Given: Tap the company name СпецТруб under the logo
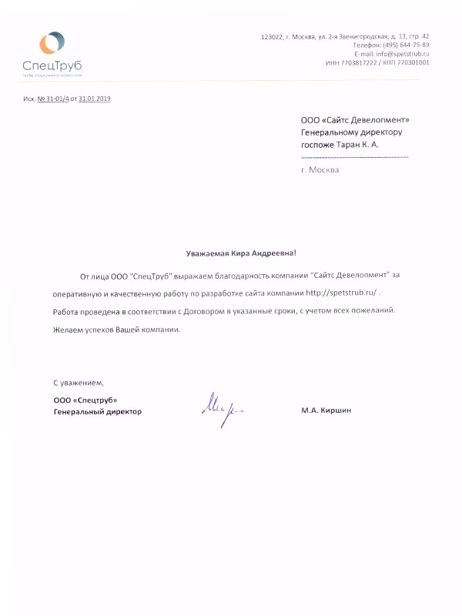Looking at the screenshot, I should coord(52,65).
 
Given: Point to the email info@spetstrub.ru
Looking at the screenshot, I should coord(402,54).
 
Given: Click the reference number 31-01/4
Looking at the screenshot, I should coord(56,100).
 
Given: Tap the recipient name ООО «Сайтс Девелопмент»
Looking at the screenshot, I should coord(355,119).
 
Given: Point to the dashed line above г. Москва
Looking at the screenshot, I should coord(355,158).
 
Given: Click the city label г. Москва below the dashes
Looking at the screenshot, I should coord(320,169).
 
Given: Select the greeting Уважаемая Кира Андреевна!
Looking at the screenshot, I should coord(241,253).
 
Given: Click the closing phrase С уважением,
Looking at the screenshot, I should coord(78,382).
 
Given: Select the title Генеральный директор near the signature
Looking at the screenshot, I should coord(98,411).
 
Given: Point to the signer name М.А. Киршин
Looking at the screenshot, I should coord(326,411).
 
